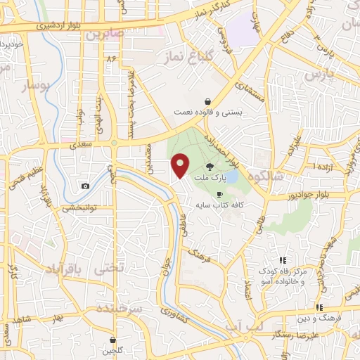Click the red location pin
pyautogui.click(x=181, y=165)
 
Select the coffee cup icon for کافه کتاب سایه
pyautogui.click(x=220, y=194)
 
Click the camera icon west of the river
pyautogui.click(x=85, y=186)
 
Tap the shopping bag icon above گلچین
pyautogui.click(x=112, y=340)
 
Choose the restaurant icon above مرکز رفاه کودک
pyautogui.click(x=283, y=261)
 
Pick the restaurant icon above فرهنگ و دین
pyautogui.click(x=319, y=307)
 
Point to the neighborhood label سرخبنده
pyautogui.click(x=122, y=309)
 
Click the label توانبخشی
pyautogui.click(x=78, y=208)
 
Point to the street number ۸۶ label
pyautogui.click(x=110, y=58)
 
